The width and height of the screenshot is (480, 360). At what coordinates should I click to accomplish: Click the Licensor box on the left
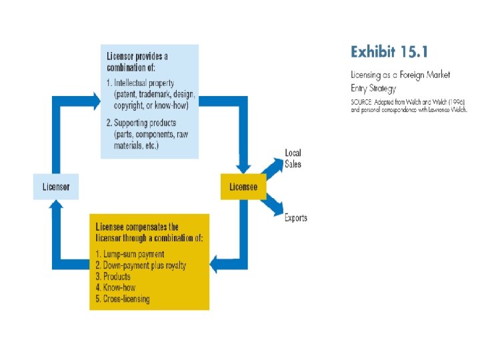pos(56,187)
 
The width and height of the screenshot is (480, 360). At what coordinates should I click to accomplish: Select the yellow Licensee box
pos(243,187)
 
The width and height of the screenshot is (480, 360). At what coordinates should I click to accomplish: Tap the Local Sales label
pos(293,159)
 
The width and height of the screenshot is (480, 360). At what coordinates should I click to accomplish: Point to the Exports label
pos(296,218)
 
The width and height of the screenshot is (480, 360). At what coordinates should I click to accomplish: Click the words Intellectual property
pos(144,83)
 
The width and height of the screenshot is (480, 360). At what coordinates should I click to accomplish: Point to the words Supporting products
pos(145,123)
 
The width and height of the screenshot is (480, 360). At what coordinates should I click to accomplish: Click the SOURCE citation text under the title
pos(407,105)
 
